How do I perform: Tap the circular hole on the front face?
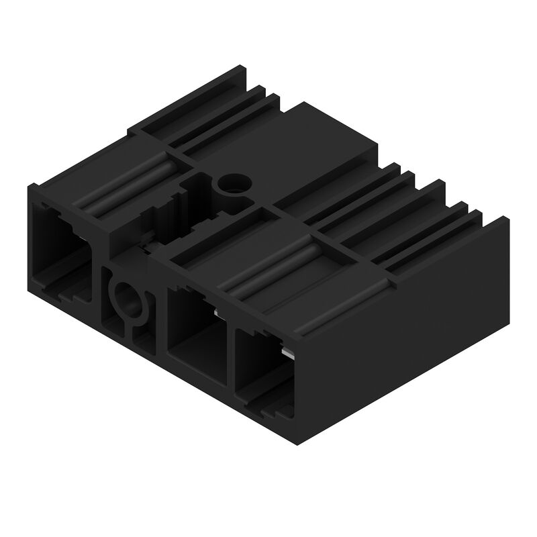[127, 295]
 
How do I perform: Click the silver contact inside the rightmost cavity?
[287, 353]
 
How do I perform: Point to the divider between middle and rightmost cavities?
[229, 356]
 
